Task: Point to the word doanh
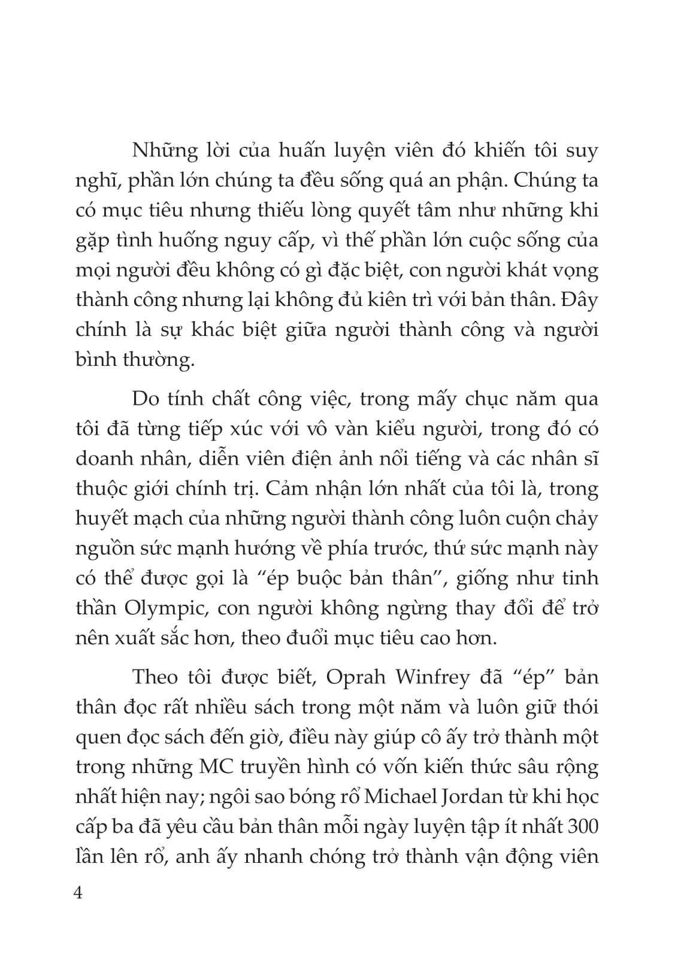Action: point(104,459)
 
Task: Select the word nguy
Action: point(304,241)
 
